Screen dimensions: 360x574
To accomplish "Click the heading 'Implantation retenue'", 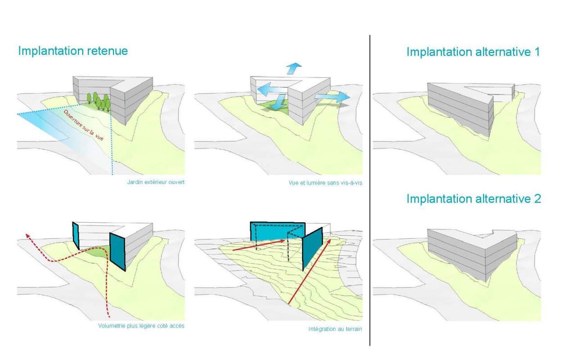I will (73, 51).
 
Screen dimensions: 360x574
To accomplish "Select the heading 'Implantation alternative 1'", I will (473, 52).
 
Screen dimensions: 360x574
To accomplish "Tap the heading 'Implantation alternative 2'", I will (474, 198).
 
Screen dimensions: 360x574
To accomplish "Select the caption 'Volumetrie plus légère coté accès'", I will (141, 326).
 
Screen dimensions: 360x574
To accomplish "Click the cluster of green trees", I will (99, 102).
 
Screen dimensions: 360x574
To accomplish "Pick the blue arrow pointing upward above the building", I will (293, 68).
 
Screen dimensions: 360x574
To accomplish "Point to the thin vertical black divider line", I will (370, 189).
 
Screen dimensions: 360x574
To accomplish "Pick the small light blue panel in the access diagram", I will (76, 235).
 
